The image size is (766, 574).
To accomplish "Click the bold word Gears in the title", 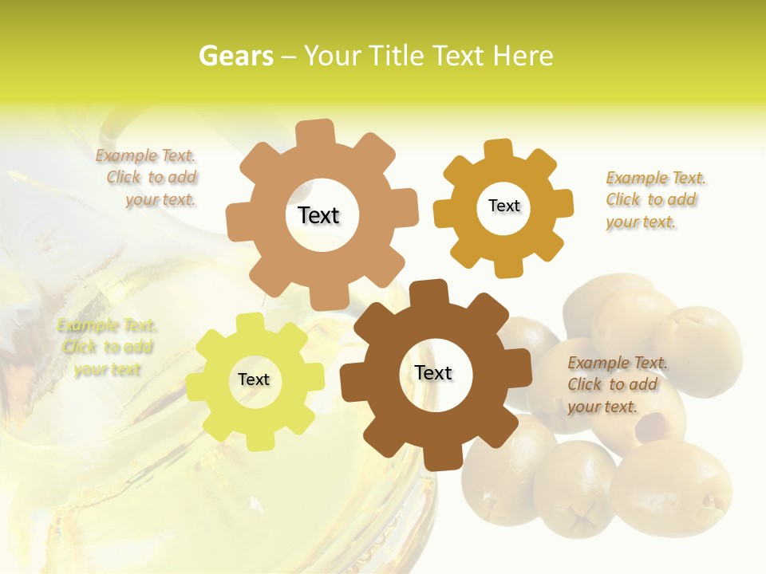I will (x=235, y=56).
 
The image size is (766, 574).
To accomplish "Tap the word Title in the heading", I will (x=396, y=56).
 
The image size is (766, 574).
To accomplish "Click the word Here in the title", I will (x=523, y=56).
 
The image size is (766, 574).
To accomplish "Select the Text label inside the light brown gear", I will (x=319, y=215).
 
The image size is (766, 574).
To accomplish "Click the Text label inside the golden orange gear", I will (x=503, y=206).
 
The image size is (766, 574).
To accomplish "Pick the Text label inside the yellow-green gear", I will (x=254, y=380).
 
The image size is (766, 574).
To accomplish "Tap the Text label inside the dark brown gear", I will (x=433, y=373).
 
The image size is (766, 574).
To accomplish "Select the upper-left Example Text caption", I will (x=146, y=178).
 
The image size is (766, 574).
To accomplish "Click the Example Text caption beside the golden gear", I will (x=656, y=200).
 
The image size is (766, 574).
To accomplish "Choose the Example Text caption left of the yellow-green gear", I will (x=106, y=348).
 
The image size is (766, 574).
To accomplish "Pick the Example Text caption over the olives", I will (x=617, y=384).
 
